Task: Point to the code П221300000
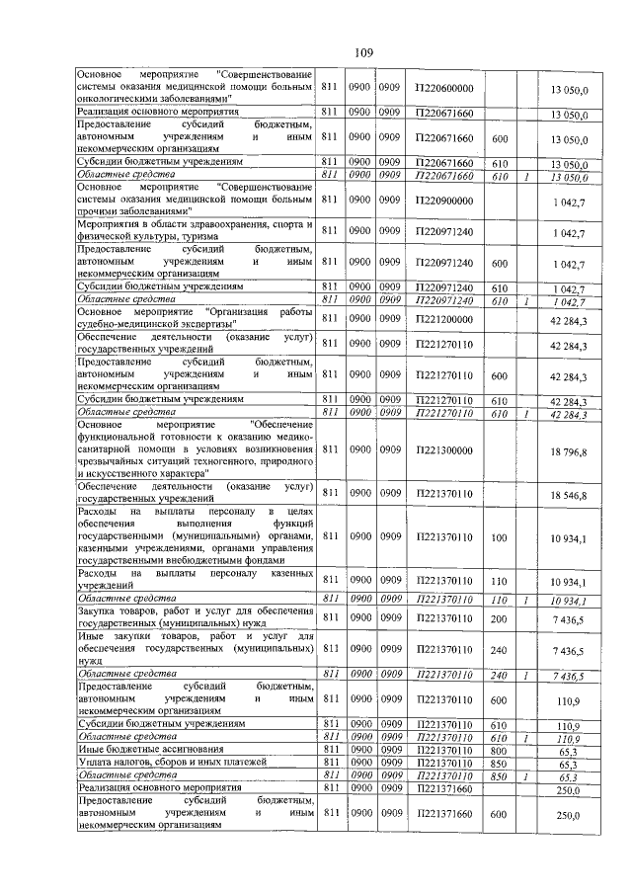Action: pyautogui.click(x=444, y=451)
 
